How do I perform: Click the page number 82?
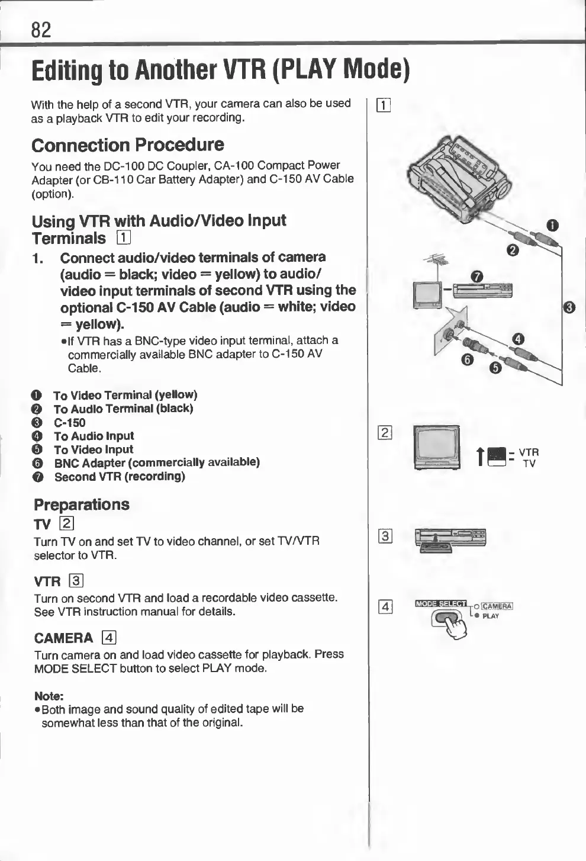[x=41, y=29]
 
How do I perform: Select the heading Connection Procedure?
[x=127, y=145]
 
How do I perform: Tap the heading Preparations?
[x=81, y=505]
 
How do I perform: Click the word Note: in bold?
[x=49, y=695]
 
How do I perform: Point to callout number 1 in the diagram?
[x=552, y=225]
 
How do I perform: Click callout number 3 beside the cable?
[x=569, y=307]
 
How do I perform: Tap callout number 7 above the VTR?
[x=478, y=276]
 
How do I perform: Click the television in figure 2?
[x=437, y=448]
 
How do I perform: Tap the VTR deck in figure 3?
[x=450, y=539]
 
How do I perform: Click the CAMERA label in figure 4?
[x=497, y=606]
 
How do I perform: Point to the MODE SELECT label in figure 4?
[x=440, y=603]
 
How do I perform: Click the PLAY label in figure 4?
[x=491, y=616]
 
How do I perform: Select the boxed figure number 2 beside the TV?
[x=384, y=433]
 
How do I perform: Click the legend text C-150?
[x=69, y=422]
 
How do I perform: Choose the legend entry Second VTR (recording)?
[x=119, y=476]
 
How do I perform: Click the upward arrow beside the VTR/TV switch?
[x=481, y=456]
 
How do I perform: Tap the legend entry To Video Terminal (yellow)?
[x=125, y=395]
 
